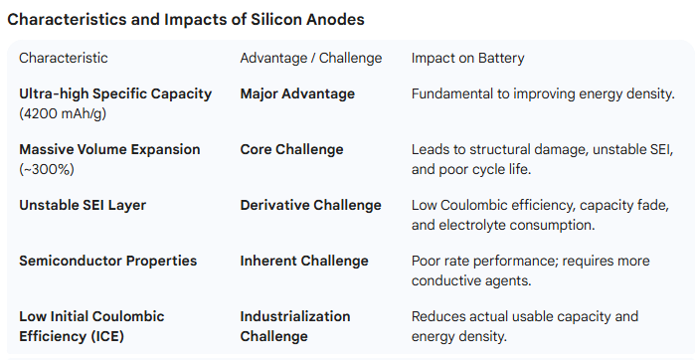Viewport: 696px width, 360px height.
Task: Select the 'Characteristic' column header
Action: coord(64,58)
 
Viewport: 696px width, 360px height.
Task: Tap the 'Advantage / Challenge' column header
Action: coord(311,58)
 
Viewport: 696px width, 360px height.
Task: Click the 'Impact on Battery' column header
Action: coord(467,58)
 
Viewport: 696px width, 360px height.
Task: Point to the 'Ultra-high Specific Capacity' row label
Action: coord(115,93)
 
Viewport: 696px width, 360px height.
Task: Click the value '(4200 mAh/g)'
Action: coord(62,113)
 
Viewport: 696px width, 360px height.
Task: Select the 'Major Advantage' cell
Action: coord(297,93)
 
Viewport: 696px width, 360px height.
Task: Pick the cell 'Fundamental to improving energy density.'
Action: coord(543,93)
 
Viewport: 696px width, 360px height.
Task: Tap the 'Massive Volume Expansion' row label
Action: coord(109,149)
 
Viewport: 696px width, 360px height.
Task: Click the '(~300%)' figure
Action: coord(46,169)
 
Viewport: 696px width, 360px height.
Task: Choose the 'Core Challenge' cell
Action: coord(291,149)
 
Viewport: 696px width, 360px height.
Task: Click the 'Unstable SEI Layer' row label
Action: coord(83,205)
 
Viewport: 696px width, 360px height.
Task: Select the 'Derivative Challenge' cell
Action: coord(310,205)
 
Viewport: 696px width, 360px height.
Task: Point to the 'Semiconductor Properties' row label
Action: coord(107,261)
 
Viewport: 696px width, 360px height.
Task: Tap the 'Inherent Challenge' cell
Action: coord(304,261)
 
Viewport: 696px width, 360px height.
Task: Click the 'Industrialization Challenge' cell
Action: coord(295,326)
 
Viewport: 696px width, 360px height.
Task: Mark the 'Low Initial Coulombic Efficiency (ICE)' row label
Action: coord(91,326)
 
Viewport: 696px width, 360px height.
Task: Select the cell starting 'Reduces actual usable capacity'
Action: coord(525,326)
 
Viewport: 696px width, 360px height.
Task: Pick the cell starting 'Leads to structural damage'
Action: coord(542,159)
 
